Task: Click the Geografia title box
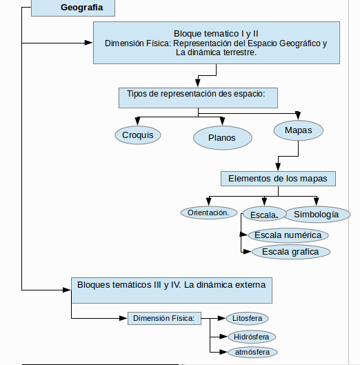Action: pos(73,8)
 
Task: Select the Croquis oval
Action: pos(138,135)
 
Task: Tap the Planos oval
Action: pos(223,138)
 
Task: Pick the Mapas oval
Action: pos(299,130)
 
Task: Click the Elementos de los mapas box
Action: pos(278,179)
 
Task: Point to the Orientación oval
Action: pos(209,213)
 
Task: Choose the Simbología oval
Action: pos(317,215)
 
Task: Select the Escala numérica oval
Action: pos(288,235)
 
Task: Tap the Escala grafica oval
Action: pos(291,252)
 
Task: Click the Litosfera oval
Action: pos(247,318)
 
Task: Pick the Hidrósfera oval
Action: pos(252,337)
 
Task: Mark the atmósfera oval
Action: pos(252,352)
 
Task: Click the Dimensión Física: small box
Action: pos(164,318)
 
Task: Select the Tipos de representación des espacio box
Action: pos(198,98)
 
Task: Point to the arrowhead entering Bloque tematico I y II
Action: pos(89,43)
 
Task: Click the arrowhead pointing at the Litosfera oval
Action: pos(222,318)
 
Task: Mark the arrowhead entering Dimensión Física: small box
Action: pos(123,318)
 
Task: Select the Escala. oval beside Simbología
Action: pos(264,215)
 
